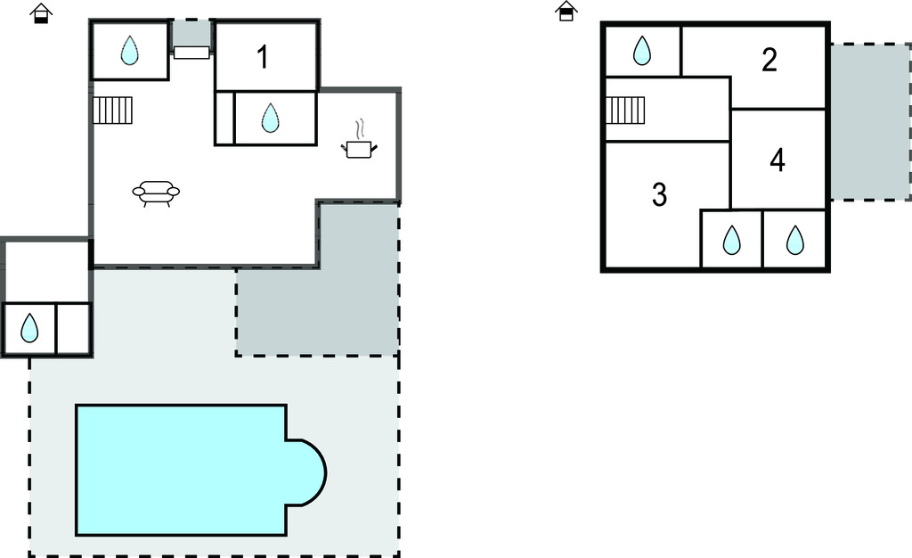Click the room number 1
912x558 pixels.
tap(262, 57)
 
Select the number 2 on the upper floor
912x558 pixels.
tap(769, 60)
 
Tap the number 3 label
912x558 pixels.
tap(659, 194)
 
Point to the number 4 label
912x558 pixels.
tap(778, 161)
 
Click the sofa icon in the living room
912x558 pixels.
tap(156, 193)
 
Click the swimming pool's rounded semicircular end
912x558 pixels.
tap(307, 472)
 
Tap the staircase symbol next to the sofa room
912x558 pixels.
tap(112, 111)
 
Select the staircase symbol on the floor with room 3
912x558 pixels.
tap(625, 111)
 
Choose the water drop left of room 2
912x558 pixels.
tap(641, 52)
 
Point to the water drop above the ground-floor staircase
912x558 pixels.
tap(130, 50)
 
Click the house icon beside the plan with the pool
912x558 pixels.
tap(40, 13)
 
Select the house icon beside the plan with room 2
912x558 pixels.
tap(566, 11)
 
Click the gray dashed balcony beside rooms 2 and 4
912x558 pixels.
tap(869, 122)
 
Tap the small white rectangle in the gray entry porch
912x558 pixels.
tap(191, 53)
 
